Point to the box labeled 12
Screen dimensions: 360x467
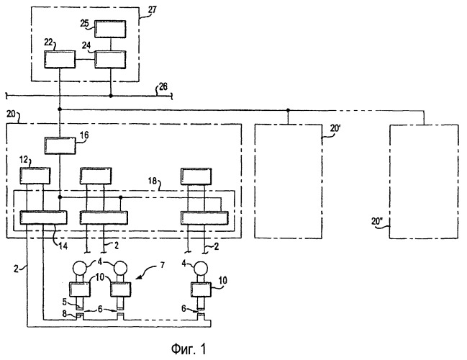click(x=34, y=175)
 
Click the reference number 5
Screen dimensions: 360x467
click(x=65, y=302)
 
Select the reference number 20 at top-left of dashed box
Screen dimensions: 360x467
click(x=11, y=115)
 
